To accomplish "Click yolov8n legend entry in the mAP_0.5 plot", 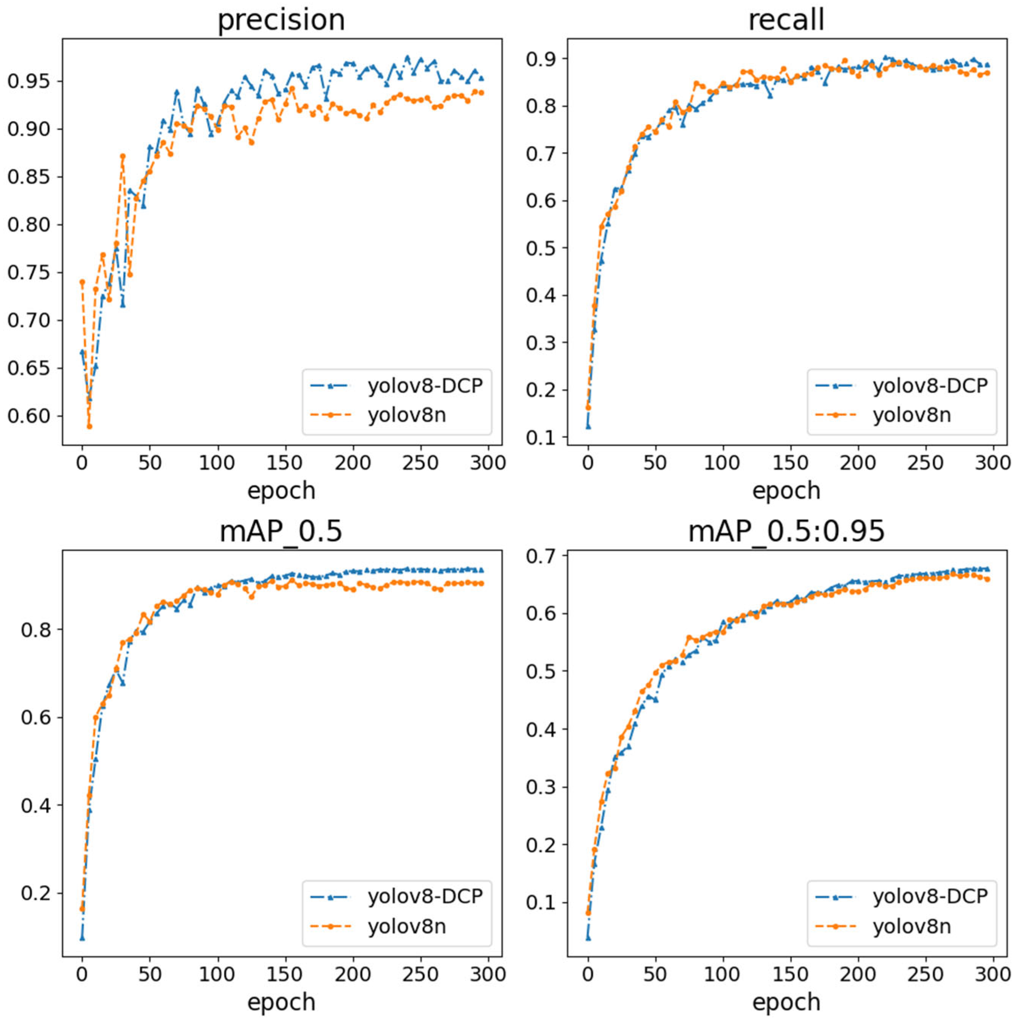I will coord(406,926).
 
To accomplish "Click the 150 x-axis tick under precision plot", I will coord(285,463).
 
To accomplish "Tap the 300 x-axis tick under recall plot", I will coord(992,463).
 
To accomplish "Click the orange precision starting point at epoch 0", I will coord(82,282).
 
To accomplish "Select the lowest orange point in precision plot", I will coord(90,426).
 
